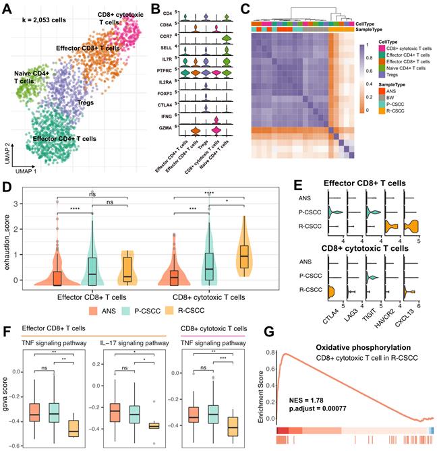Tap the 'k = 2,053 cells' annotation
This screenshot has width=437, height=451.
click(49, 21)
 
